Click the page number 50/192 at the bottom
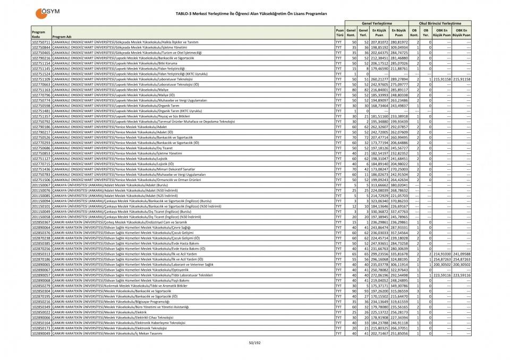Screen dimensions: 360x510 click(255, 343)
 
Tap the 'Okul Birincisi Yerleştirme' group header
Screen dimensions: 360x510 click(440, 24)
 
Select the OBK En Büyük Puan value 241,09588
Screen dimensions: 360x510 click(461, 254)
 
